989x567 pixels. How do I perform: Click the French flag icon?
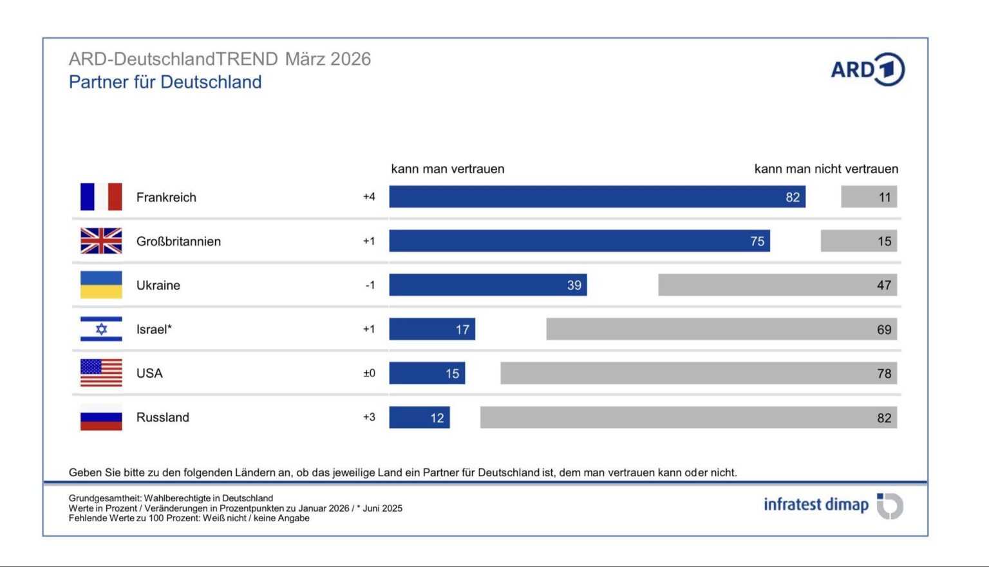(101, 197)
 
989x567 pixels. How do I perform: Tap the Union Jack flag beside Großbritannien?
(101, 241)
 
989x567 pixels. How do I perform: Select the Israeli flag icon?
(101, 329)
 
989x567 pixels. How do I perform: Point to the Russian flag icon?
(101, 417)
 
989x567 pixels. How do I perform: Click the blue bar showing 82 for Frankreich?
(597, 197)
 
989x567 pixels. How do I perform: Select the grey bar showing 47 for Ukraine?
(777, 285)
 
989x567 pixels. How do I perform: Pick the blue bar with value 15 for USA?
(427, 373)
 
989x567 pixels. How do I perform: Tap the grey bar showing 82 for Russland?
(688, 417)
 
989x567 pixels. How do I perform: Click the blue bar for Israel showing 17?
(432, 329)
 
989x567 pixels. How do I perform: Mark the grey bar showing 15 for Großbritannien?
(858, 241)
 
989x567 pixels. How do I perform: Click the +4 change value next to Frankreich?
(369, 197)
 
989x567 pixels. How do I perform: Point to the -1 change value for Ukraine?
(370, 285)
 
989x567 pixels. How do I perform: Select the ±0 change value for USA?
(369, 373)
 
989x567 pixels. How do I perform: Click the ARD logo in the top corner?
(867, 70)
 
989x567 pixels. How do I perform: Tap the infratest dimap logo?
(833, 505)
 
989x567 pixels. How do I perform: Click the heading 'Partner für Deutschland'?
(165, 82)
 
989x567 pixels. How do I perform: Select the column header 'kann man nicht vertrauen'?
(826, 169)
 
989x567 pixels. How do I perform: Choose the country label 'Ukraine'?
(158, 285)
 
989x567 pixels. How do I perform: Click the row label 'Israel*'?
(154, 329)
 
